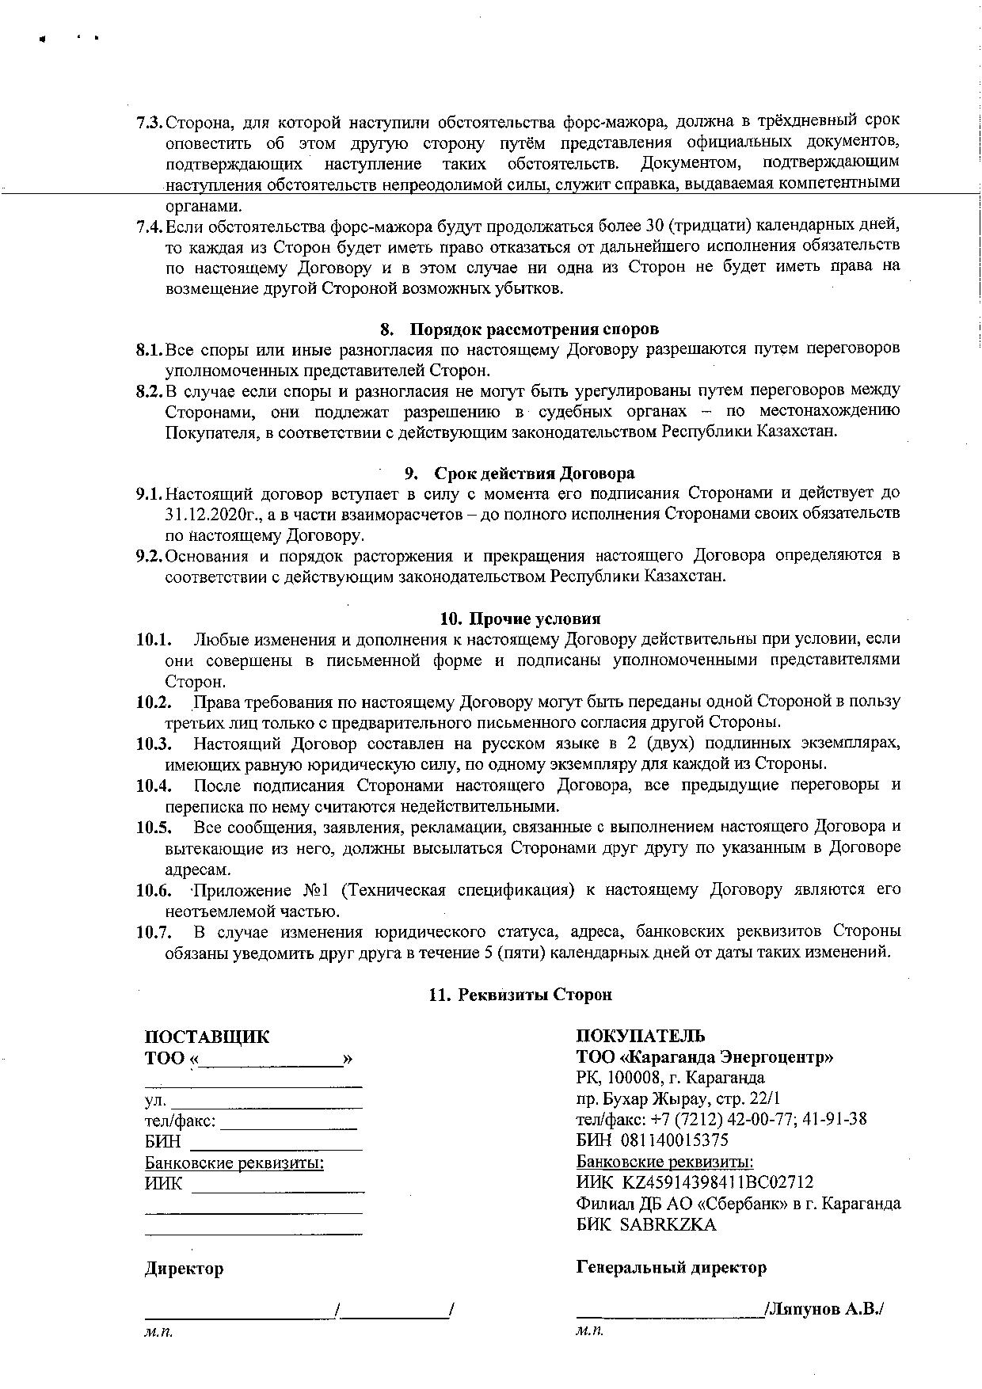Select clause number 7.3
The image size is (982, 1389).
click(x=149, y=122)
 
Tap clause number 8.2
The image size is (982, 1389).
click(x=149, y=390)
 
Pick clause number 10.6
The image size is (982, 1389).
click(x=154, y=890)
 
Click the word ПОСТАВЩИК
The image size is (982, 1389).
click(x=207, y=1037)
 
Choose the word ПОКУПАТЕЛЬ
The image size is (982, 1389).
click(x=641, y=1036)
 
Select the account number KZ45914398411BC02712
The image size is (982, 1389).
click(x=717, y=1182)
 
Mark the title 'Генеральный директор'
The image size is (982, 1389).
click(x=672, y=1267)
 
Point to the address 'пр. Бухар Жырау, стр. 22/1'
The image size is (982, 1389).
click(x=678, y=1098)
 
